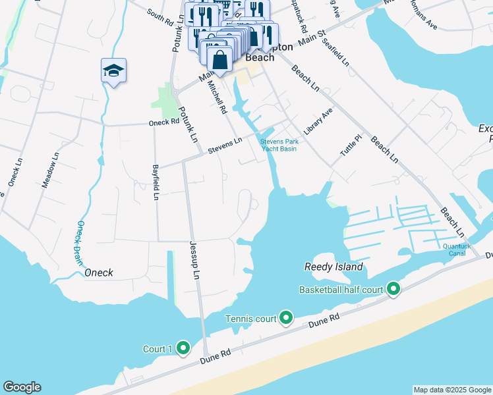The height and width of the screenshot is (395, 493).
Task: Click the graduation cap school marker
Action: (x=113, y=70)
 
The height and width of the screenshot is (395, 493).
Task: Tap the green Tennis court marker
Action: (x=286, y=319)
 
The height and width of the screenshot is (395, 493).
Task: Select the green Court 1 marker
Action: (x=183, y=348)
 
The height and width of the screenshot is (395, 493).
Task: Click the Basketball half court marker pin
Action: (x=393, y=289)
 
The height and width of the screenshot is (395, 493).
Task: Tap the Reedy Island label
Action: (x=333, y=267)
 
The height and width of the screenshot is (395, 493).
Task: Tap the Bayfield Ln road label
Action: (x=156, y=182)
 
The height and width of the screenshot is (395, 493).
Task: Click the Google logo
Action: (x=22, y=387)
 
